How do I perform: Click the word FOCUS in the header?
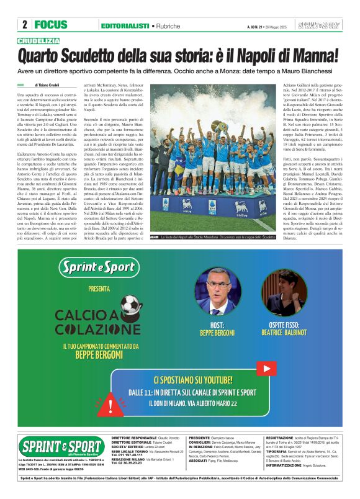51,25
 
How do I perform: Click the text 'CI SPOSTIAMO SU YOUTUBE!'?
204,380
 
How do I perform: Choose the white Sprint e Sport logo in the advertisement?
107,267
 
